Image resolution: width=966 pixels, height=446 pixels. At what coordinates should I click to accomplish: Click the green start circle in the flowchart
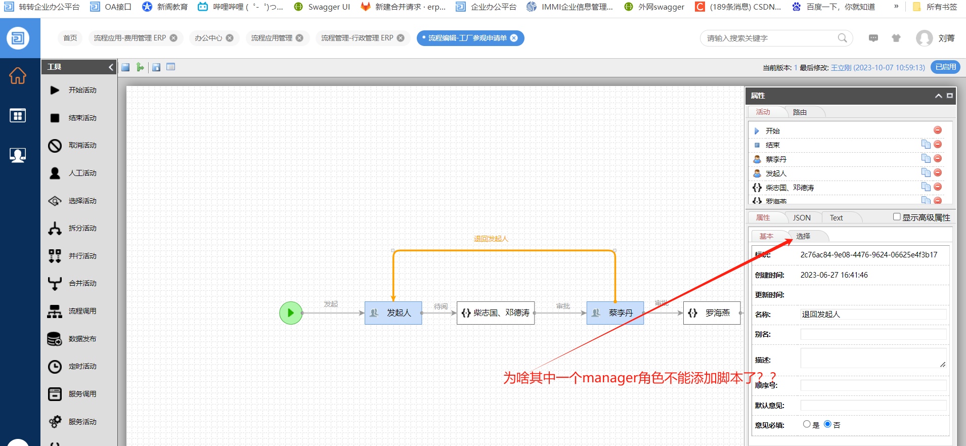point(291,313)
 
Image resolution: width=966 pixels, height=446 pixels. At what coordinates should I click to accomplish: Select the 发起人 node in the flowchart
point(393,313)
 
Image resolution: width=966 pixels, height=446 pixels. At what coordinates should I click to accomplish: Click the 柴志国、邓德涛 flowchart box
point(496,313)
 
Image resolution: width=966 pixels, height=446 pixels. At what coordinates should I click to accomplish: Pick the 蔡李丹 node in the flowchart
point(615,313)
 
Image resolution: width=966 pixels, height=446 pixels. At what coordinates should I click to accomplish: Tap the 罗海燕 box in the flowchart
point(712,313)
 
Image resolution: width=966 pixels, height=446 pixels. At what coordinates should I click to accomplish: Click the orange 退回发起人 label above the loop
point(491,239)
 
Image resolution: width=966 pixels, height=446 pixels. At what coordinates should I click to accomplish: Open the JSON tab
point(802,218)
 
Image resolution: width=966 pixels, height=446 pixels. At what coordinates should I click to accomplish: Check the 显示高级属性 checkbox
point(897,217)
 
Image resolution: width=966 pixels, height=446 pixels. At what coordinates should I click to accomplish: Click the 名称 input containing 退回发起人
point(873,315)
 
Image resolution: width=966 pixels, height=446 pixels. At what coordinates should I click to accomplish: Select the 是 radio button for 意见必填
point(807,424)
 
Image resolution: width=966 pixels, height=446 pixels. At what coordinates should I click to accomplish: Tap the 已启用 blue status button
point(945,67)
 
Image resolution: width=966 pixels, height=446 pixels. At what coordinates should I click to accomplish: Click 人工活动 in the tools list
point(82,173)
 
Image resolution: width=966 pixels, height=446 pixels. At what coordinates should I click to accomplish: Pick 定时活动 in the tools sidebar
point(82,366)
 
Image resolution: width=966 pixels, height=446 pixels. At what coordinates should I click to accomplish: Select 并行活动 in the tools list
point(82,256)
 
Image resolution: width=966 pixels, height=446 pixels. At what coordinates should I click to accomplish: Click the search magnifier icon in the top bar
point(842,38)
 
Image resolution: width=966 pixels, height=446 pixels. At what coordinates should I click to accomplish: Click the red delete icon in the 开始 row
point(938,130)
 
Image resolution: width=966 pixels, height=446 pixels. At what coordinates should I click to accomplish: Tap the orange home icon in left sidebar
point(18,76)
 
